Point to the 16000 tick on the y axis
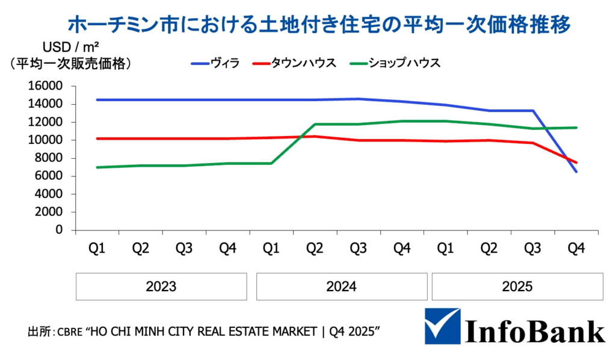[45, 86]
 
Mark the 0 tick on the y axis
[58, 230]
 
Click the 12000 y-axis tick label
[45, 122]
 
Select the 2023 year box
[161, 286]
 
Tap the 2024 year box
[341, 286]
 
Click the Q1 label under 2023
[97, 248]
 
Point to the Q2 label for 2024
[315, 248]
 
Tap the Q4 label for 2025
[576, 248]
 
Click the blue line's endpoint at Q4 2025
[576, 172]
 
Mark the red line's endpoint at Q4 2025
[576, 162]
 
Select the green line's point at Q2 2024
[315, 125]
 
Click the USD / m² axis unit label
[70, 47]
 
